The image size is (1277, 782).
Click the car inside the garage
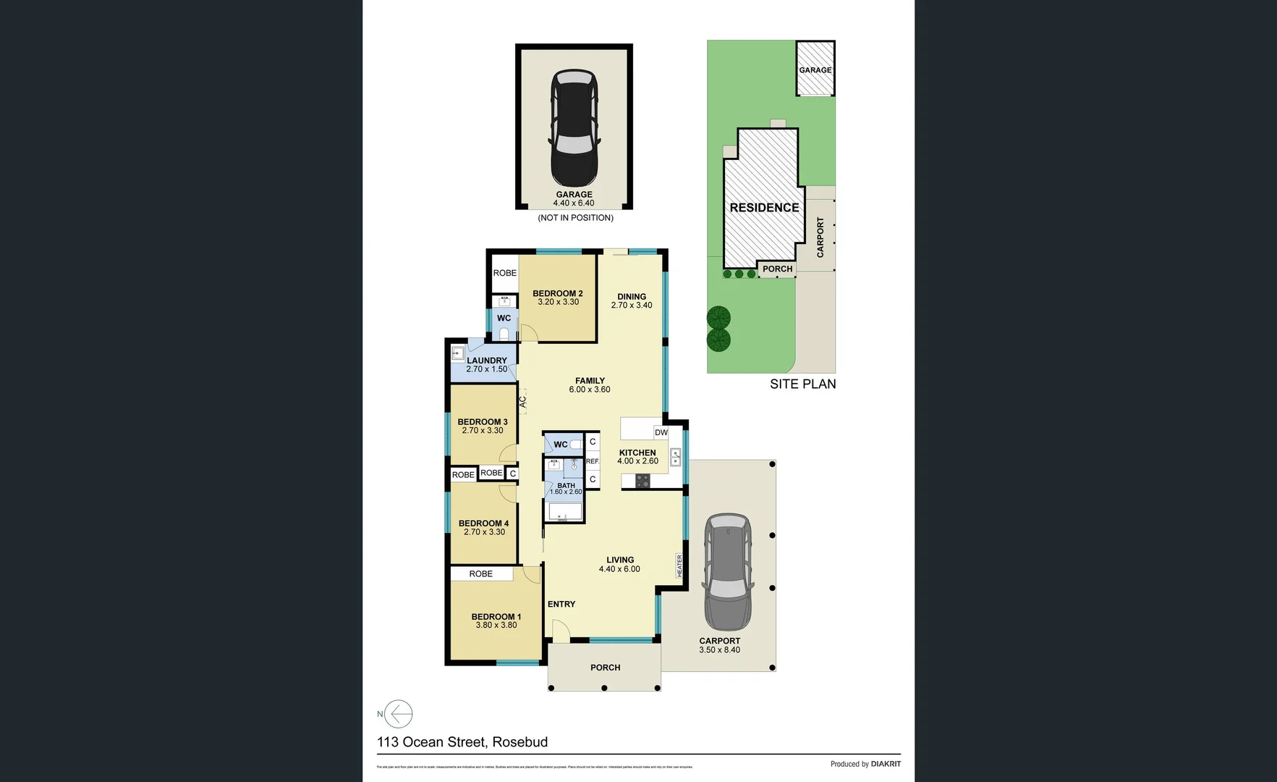pos(574,129)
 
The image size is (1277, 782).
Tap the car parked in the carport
pos(728,572)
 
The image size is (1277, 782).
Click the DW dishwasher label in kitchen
pos(661,432)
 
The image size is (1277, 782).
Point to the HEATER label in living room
pos(679,566)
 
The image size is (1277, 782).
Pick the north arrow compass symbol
pos(398,714)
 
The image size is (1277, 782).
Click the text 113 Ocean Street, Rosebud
pos(462,742)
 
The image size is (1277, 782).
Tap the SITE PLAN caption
pos(802,384)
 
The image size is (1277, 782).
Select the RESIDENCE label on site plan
pos(764,208)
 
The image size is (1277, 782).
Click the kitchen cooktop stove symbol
pos(642,481)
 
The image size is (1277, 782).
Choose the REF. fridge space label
pos(593,461)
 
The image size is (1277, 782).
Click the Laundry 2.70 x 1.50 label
pos(487,365)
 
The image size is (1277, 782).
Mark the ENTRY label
pos(561,604)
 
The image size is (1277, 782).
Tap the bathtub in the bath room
pos(564,513)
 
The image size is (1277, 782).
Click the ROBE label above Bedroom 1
pos(480,573)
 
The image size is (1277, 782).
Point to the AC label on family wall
pos(522,401)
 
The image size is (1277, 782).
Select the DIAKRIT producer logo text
pos(886,764)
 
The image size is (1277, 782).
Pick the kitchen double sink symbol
pos(676,457)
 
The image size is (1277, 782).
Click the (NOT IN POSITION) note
pos(575,218)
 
